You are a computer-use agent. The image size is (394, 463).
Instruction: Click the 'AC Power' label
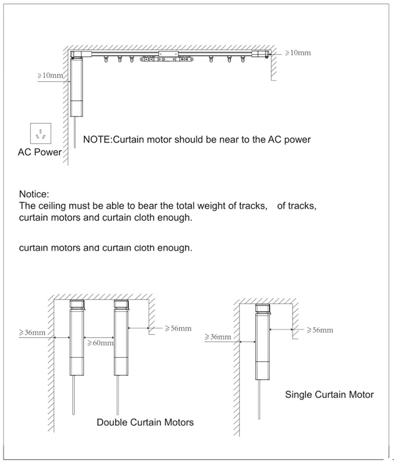tap(39, 152)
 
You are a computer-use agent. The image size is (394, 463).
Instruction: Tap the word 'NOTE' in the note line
tap(96, 140)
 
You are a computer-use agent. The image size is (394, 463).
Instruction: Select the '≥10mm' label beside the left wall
tap(50, 76)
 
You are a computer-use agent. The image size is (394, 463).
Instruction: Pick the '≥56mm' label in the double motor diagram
tap(178, 328)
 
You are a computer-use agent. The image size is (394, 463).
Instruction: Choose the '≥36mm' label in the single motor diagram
tap(218, 337)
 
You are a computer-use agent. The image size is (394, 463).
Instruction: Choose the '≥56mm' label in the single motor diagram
tap(320, 330)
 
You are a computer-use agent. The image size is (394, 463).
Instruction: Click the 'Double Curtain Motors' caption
tap(145, 422)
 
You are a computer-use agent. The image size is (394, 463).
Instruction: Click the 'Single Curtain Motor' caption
tap(329, 394)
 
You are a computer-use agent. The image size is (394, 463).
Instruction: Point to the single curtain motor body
tap(262, 345)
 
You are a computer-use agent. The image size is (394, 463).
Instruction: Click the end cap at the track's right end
tap(260, 54)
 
